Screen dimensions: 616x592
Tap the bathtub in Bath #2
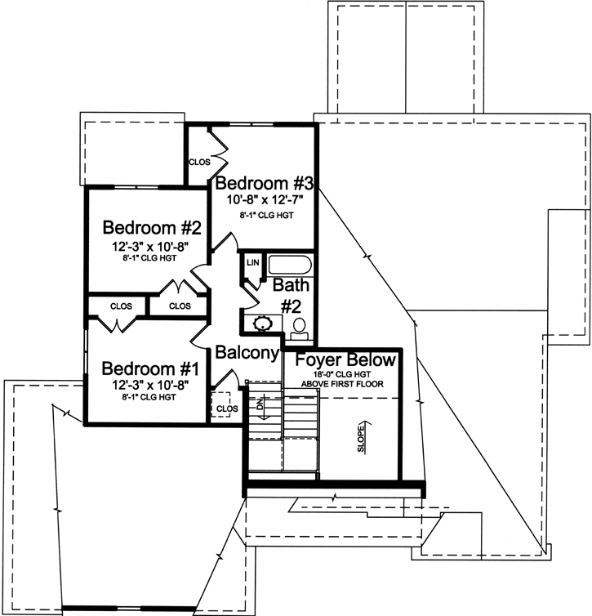[290, 266]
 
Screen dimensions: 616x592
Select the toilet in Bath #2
[300, 328]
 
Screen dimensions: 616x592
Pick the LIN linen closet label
[252, 263]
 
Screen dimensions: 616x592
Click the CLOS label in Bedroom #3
[199, 162]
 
